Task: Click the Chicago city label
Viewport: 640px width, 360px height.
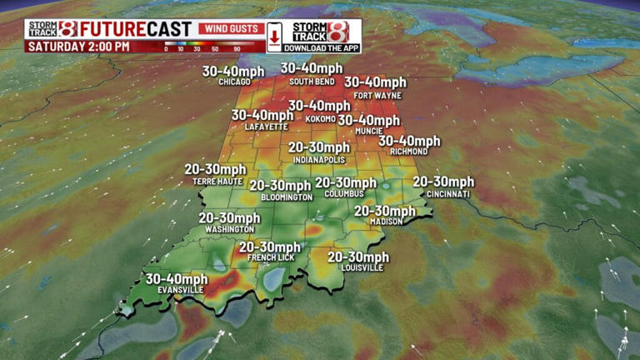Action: pos(234,82)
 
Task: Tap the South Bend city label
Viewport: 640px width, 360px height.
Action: pos(312,82)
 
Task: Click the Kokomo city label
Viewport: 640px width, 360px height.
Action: pos(320,118)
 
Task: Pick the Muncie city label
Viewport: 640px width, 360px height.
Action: pos(367,131)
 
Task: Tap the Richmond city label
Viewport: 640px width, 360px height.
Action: pos(408,152)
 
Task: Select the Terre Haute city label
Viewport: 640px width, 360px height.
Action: pos(215,180)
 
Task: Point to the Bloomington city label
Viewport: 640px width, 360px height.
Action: pos(287,197)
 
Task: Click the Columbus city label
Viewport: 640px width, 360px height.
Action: pos(344,193)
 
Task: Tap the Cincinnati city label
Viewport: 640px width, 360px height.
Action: pos(447,193)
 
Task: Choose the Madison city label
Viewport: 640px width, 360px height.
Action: pos(386,222)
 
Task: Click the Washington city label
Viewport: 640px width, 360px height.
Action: pos(229,229)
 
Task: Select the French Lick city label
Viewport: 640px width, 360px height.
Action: pos(269,258)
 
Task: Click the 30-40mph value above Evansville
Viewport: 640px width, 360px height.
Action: pos(176,278)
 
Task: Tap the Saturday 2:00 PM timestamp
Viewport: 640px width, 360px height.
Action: pos(78,47)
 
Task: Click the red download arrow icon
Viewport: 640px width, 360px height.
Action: pos(273,37)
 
